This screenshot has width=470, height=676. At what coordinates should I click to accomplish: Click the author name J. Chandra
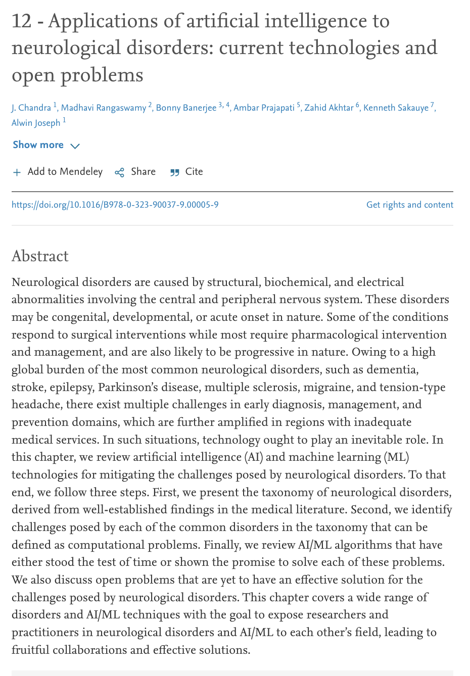[31, 108]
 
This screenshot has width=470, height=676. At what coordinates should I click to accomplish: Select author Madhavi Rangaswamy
[104, 108]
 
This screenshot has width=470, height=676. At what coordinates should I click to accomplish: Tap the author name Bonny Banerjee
[186, 108]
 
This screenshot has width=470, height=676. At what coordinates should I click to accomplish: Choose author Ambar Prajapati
[264, 108]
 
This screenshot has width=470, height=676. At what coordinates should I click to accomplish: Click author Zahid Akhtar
[328, 108]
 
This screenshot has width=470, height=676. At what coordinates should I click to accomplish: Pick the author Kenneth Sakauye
[396, 108]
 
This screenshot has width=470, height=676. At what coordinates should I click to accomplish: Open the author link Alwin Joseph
[36, 123]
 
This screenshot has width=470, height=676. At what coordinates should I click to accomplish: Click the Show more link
[38, 145]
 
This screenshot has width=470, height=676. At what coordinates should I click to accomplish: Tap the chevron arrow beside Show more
[75, 146]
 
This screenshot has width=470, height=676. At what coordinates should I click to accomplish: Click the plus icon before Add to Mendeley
[17, 172]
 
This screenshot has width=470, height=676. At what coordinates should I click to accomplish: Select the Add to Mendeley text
[65, 172]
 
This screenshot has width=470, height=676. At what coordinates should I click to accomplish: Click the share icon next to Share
[120, 172]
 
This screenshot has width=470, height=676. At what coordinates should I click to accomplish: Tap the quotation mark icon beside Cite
[175, 172]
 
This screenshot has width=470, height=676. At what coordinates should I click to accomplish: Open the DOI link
[115, 205]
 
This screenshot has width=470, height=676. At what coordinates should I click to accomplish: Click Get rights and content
[410, 205]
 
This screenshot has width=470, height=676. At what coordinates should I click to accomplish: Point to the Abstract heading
[40, 256]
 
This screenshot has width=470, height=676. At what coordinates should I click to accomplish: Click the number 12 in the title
[22, 22]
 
